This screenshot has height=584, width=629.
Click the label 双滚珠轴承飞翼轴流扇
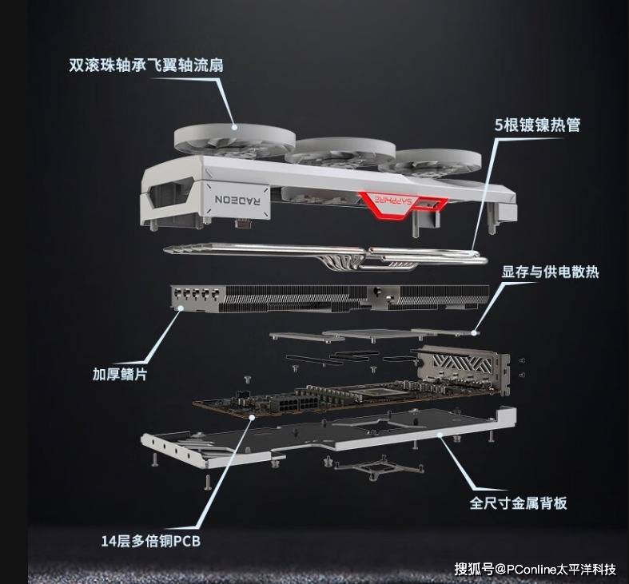pyautogui.click(x=146, y=65)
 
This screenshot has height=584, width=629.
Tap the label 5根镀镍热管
pyautogui.click(x=538, y=125)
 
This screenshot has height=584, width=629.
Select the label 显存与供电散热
pyautogui.click(x=550, y=272)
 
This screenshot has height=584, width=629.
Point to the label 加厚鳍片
pyautogui.click(x=120, y=374)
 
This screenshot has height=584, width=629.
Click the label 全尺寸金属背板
pyautogui.click(x=518, y=503)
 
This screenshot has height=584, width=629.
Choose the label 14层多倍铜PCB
pyautogui.click(x=150, y=541)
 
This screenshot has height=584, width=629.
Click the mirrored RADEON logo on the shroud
pyautogui.click(x=237, y=200)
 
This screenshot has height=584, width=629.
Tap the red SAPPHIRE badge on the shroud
pyautogui.click(x=403, y=204)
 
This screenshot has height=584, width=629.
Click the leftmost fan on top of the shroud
pyautogui.click(x=235, y=141)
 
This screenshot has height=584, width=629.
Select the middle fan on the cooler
pyautogui.click(x=340, y=153)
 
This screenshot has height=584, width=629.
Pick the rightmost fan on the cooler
pyautogui.click(x=430, y=162)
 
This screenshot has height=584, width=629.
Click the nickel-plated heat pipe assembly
pyautogui.click(x=326, y=256)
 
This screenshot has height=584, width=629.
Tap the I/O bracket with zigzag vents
pyautogui.click(x=464, y=368)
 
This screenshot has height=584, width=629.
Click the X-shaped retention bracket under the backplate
pyautogui.click(x=379, y=467)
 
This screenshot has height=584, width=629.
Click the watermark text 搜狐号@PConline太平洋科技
pyautogui.click(x=535, y=569)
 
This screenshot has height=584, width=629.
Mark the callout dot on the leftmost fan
pyautogui.click(x=235, y=127)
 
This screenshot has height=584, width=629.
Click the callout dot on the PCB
pyautogui.click(x=252, y=417)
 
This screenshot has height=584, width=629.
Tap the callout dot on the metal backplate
pyautogui.click(x=440, y=435)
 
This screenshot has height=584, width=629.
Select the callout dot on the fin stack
pyautogui.click(x=181, y=308)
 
